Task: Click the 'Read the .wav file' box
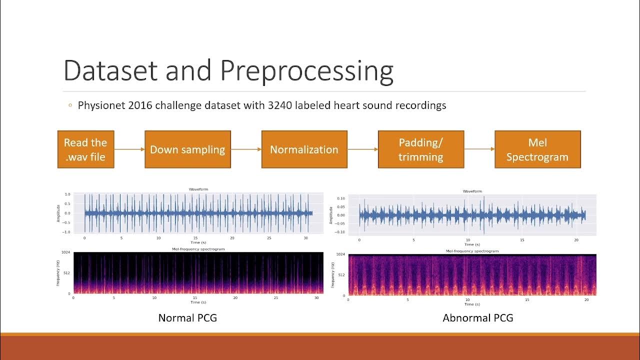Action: pos(85,149)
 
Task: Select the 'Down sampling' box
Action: pos(187,149)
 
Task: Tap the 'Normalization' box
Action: pos(304,149)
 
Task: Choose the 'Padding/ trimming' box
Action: pos(420,149)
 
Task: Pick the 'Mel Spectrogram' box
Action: pos(537,149)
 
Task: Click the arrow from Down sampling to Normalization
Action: pos(246,149)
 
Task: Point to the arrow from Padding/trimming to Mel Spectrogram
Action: pos(479,149)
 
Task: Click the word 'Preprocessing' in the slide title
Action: pos(306,71)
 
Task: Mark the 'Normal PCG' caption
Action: pos(187,317)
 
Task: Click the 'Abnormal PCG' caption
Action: pos(478,317)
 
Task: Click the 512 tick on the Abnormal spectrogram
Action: pos(340,275)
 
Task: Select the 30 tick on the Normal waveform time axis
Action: pos(305,238)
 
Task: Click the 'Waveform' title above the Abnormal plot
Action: pos(472,191)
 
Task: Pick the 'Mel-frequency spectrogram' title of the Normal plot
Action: pos(198,248)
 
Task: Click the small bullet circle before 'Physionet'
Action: pos(70,105)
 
